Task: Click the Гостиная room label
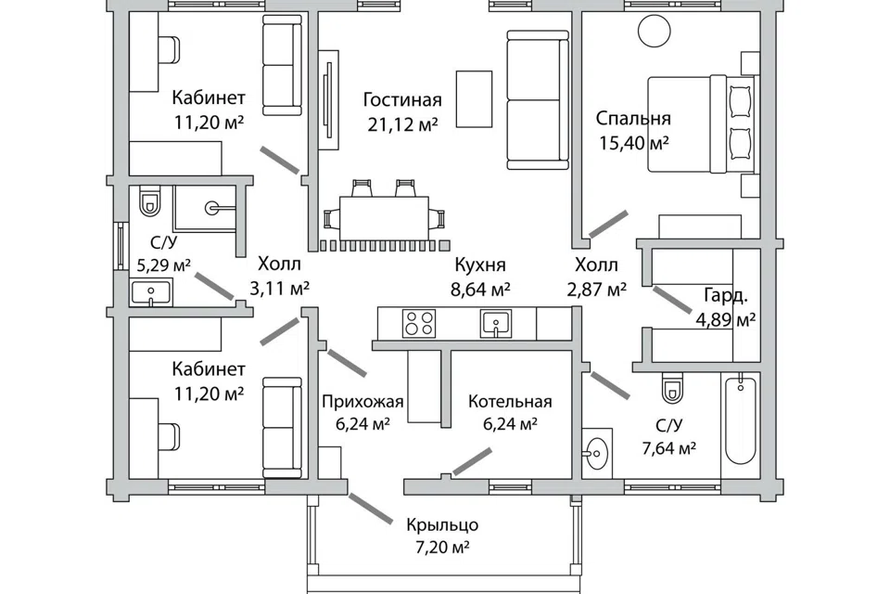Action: pos(401,100)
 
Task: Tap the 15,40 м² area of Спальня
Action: pos(634,143)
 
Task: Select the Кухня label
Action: pos(480,265)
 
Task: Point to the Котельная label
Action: pos(510,402)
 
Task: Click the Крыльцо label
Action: pos(442,524)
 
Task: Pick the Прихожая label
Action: pos(362,402)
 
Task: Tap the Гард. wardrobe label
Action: pos(726,295)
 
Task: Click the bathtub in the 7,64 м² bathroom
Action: pos(741,420)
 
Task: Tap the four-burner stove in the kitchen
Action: pos(419,323)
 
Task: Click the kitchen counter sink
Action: pos(495,323)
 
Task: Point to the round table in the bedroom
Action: pos(654,31)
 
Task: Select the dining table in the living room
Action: pos(384,218)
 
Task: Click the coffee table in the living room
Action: pos(474,99)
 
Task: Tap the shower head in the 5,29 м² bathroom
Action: pos(212,208)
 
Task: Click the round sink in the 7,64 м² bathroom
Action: pos(596,453)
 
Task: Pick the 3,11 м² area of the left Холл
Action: pos(279,290)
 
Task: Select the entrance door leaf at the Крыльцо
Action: pos(370,509)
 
